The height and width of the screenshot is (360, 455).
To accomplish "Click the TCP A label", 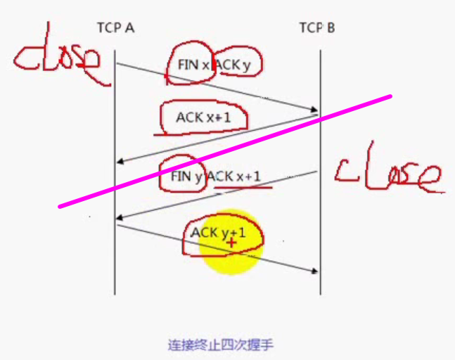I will (116, 28).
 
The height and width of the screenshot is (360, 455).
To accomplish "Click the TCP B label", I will (317, 28).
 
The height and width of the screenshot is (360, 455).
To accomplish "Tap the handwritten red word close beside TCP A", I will (56, 61).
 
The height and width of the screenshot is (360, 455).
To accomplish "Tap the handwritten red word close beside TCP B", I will (388, 174).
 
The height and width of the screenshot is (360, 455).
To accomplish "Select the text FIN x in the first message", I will (192, 65).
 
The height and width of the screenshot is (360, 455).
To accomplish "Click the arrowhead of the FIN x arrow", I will (316, 110).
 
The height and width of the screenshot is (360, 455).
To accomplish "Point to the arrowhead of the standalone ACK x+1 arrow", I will (120, 162).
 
